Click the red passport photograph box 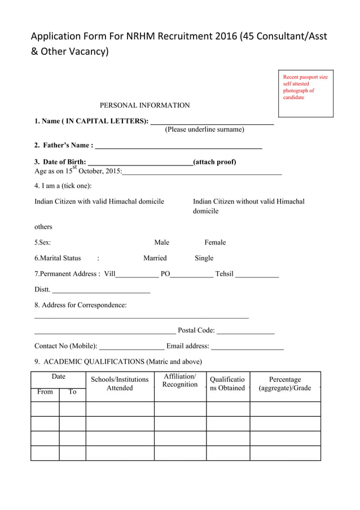tap(306, 94)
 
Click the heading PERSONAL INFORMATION tap(144, 105)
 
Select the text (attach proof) tap(214, 162)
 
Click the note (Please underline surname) tap(204, 129)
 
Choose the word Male tap(161, 242)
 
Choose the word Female tap(215, 242)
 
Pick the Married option tap(155, 258)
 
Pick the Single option tap(204, 258)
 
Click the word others tap(43, 226)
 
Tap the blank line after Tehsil tap(257, 276)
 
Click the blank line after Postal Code tap(245, 333)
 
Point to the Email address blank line tap(247, 348)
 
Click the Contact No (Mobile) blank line tap(131, 348)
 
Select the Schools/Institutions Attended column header tap(120, 383)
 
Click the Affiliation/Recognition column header tap(180, 381)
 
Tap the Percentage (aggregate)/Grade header tap(285, 383)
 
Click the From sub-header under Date tap(45, 392)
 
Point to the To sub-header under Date tap(72, 392)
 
